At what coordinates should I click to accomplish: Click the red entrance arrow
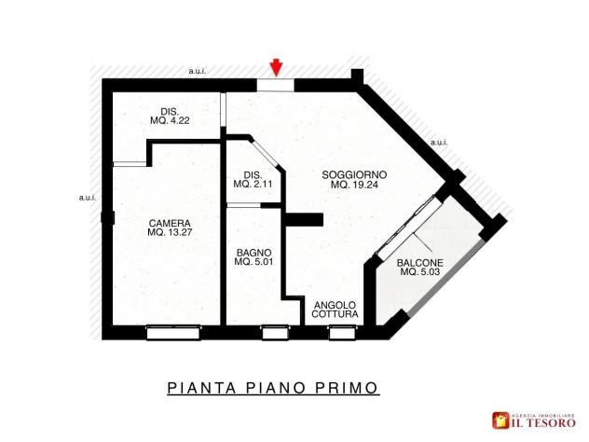(x=277, y=68)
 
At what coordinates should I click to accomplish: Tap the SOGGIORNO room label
(x=354, y=174)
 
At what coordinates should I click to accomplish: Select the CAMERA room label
(x=170, y=223)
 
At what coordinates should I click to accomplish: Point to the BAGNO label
(x=253, y=253)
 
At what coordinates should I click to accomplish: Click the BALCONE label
(x=420, y=263)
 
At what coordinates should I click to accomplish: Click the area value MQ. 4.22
(x=170, y=120)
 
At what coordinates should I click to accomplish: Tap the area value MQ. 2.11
(x=253, y=185)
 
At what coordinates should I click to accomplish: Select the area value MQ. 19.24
(x=354, y=185)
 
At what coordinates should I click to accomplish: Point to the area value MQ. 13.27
(x=170, y=232)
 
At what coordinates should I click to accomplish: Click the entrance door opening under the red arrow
(x=275, y=85)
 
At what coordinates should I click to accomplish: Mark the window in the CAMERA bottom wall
(x=173, y=333)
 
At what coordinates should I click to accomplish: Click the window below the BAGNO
(x=275, y=333)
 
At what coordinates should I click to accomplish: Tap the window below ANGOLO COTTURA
(x=342, y=333)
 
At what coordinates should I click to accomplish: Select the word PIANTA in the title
(x=201, y=388)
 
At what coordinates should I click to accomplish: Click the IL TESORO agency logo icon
(x=501, y=421)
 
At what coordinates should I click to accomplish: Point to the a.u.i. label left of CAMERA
(x=88, y=198)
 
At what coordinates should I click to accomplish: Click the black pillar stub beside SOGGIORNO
(x=304, y=219)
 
